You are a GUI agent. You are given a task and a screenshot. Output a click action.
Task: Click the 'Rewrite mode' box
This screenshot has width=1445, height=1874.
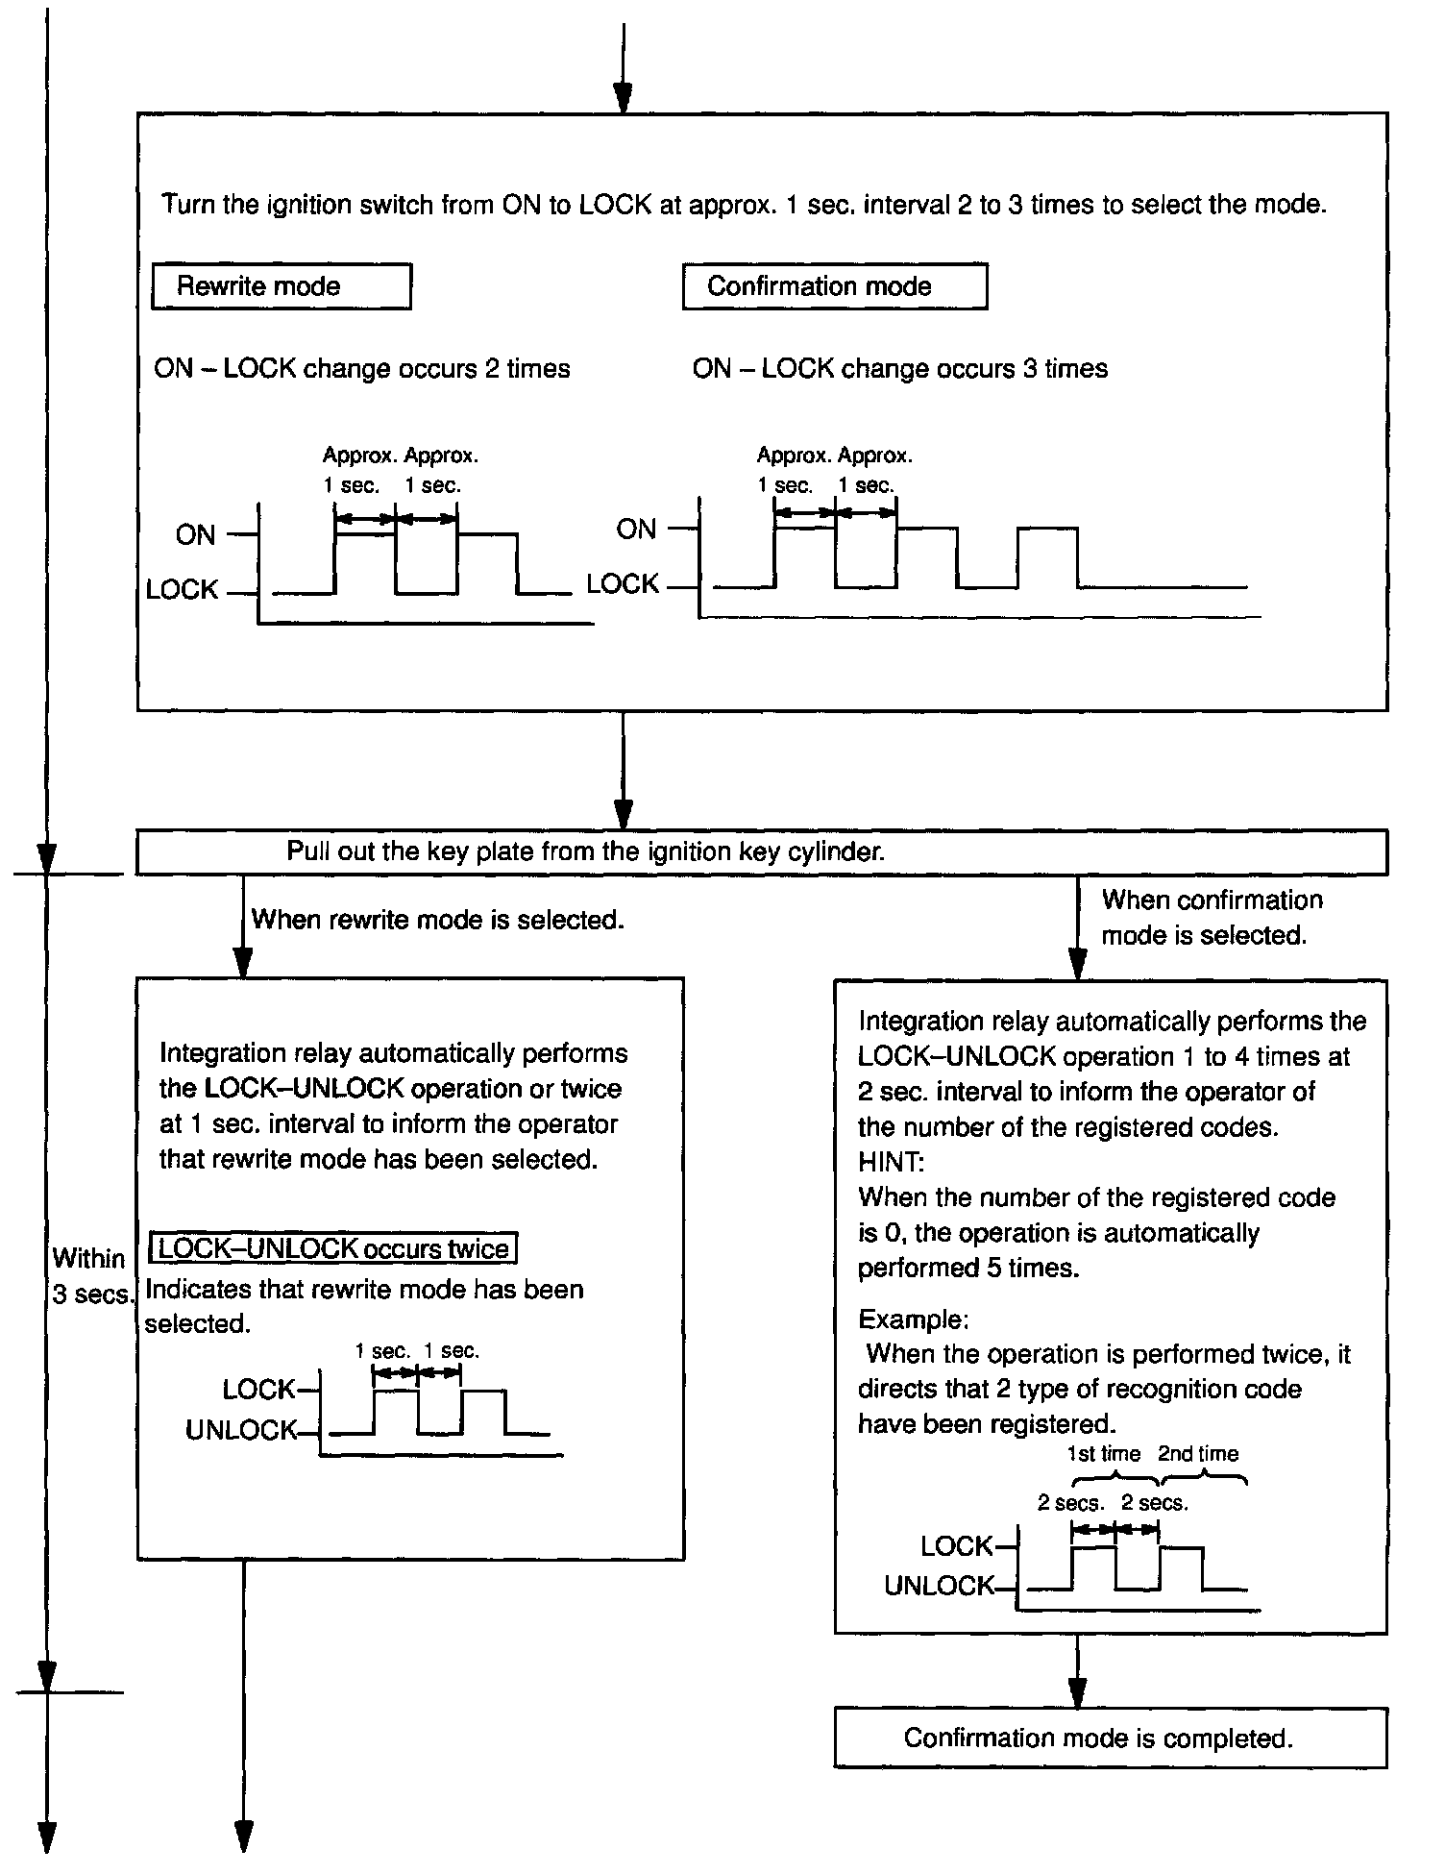click(x=281, y=286)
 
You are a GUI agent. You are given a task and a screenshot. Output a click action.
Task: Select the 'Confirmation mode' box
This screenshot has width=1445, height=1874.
click(x=834, y=286)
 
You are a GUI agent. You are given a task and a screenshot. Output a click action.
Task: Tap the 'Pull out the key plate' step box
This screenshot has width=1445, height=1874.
click(x=761, y=852)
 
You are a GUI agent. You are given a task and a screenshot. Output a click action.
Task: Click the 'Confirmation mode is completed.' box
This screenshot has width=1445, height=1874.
click(x=1110, y=1738)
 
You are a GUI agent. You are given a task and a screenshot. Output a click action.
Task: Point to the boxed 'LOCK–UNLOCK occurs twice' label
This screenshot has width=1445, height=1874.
click(x=333, y=1248)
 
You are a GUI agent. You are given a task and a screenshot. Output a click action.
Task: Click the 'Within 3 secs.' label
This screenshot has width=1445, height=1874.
click(x=89, y=1276)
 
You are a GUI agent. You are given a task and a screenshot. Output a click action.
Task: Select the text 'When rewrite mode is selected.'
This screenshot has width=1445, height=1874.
click(x=438, y=920)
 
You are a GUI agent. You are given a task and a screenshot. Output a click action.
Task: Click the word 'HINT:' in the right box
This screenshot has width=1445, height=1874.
click(x=891, y=1162)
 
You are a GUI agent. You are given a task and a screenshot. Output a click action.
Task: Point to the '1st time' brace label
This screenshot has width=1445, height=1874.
click(x=1103, y=1454)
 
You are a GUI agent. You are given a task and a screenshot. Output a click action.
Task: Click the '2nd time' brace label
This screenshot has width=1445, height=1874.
click(x=1198, y=1454)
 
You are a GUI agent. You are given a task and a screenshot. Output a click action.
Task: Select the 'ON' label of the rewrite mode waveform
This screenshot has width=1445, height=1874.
click(x=196, y=535)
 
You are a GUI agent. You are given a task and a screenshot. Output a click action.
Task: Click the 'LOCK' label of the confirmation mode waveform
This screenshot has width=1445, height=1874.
click(x=623, y=584)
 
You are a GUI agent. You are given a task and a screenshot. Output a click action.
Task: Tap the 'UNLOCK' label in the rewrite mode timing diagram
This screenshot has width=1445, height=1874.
click(x=241, y=1431)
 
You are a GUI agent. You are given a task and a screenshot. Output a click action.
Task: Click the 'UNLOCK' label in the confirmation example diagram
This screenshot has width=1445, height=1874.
click(x=940, y=1586)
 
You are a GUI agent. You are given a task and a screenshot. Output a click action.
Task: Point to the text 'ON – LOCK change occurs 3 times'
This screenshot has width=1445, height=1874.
click(x=900, y=369)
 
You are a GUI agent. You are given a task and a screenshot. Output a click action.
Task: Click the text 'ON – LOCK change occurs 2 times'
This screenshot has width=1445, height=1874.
click(x=362, y=369)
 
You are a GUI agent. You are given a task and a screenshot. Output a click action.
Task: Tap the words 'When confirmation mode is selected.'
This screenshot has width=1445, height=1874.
click(x=1211, y=918)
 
